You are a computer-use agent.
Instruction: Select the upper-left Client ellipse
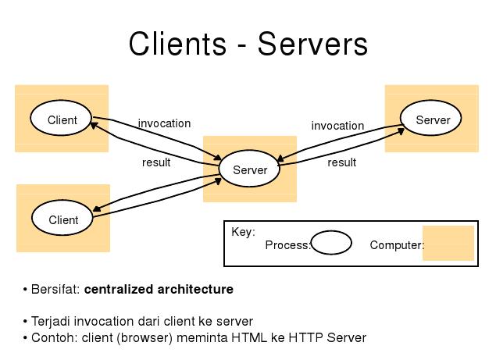click(x=62, y=119)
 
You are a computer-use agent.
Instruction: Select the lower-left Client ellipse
click(x=63, y=219)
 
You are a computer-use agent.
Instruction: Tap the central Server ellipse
click(x=249, y=169)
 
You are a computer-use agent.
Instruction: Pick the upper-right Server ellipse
click(x=432, y=119)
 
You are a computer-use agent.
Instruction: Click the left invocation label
click(x=164, y=123)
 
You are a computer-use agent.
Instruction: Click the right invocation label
click(x=337, y=126)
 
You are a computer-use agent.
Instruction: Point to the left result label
click(x=156, y=162)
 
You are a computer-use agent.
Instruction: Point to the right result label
click(x=341, y=162)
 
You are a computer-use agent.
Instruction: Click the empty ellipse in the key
click(x=331, y=244)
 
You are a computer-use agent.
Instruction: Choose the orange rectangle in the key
click(x=448, y=243)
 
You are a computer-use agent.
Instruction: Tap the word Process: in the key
click(x=287, y=245)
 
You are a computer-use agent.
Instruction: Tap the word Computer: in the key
click(x=397, y=245)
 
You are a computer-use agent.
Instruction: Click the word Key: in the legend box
click(x=243, y=232)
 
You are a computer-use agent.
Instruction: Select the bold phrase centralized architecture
click(x=159, y=290)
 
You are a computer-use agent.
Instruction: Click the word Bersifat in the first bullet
click(x=55, y=290)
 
